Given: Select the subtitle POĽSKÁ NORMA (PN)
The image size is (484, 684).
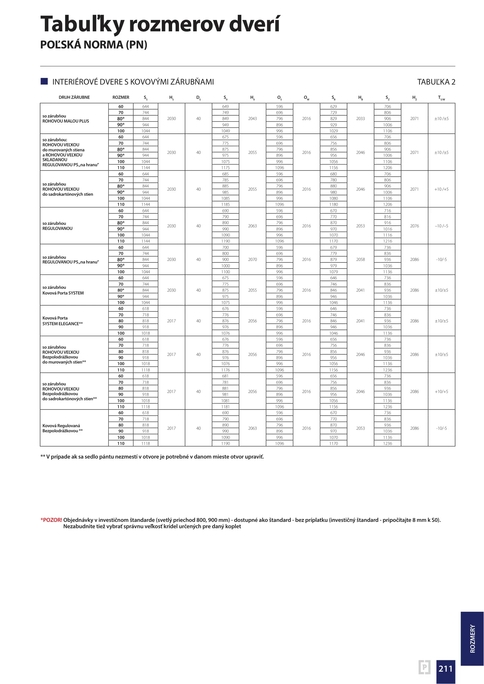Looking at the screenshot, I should tap(94, 45).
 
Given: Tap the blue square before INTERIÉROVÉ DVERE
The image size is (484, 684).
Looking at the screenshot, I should tap(44, 81).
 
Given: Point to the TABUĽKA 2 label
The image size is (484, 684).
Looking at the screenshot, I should tap(436, 82).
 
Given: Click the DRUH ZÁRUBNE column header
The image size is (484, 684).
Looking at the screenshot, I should tap(74, 97).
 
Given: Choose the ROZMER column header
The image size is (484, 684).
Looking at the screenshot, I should tap(121, 97).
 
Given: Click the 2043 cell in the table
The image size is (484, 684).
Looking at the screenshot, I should tap(252, 118).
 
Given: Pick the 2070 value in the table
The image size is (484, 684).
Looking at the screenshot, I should tap(252, 259).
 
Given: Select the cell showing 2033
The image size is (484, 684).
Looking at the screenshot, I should tap(360, 118).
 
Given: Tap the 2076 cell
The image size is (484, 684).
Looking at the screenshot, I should tap(414, 226).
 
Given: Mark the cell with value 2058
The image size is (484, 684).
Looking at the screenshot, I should tap(360, 259).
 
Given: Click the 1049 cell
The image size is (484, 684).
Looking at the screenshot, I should tap(225, 131).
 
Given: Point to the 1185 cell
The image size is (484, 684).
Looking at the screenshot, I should tap(225, 204).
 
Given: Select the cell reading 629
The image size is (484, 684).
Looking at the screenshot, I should tap(333, 106).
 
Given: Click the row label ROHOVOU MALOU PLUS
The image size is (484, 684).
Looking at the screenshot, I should tap(66, 121).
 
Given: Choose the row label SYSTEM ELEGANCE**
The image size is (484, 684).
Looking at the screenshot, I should tap(62, 324).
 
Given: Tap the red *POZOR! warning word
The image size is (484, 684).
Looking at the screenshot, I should tap(51, 520).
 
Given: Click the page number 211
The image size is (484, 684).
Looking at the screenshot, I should tap(445, 668).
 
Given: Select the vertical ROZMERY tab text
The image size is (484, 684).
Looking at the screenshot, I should tap(472, 638).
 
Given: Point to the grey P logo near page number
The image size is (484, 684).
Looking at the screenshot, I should tap(424, 667).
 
